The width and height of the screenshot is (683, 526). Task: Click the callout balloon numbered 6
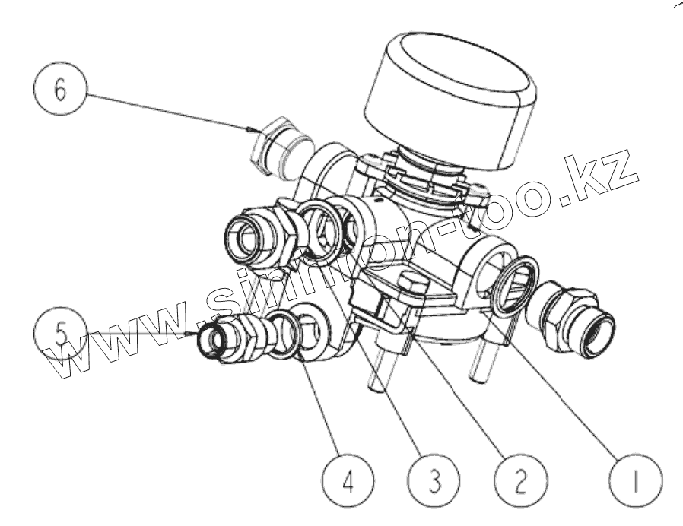[60, 89]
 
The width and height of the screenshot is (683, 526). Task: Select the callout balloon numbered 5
[60, 333]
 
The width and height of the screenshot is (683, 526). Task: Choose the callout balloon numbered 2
[521, 480]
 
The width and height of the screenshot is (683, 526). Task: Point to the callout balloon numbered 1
[636, 480]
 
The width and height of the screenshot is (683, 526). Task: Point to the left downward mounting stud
[378, 365]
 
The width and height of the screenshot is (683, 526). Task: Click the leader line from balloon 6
[167, 112]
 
